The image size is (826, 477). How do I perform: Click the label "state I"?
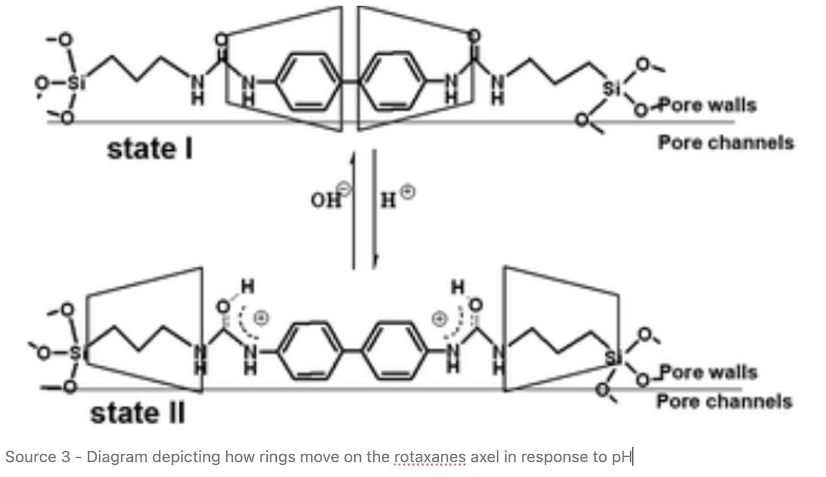tap(150, 149)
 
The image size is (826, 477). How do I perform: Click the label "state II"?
tap(137, 413)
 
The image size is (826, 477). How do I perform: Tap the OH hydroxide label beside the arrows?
tap(326, 199)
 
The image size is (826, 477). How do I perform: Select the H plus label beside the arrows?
tap(389, 199)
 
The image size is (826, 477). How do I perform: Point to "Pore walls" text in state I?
tap(707, 105)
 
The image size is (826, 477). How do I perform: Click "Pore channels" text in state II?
tap(724, 402)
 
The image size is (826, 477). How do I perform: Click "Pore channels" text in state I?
tap(726, 142)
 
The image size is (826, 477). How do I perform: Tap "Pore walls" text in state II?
tap(708, 373)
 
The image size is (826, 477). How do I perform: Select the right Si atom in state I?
tap(611, 88)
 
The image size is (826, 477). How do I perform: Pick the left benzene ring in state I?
tap(309, 82)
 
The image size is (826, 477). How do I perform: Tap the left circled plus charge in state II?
tap(260, 319)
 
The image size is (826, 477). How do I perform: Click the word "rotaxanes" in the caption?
tap(430, 457)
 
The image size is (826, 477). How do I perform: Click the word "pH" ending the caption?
tap(622, 457)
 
